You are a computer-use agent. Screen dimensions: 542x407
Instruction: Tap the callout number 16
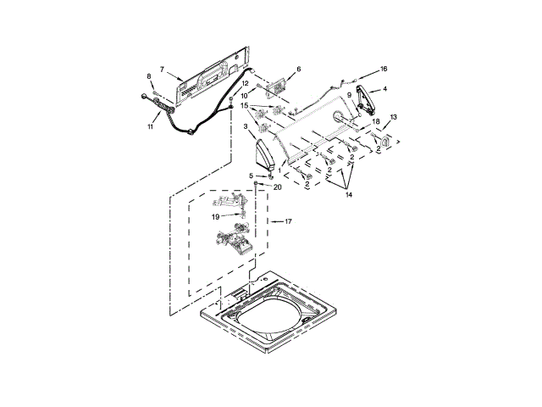point(383,69)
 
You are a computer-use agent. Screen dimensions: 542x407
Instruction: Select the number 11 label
point(151,127)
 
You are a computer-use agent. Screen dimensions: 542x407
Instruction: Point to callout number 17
point(288,222)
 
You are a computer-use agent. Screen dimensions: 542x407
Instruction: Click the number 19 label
point(216,216)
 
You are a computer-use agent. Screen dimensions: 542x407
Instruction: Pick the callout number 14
point(347,195)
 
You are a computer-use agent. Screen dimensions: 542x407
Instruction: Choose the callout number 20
point(277,187)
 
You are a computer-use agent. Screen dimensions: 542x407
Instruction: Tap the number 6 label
point(298,69)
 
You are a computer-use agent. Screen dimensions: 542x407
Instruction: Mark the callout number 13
point(393,117)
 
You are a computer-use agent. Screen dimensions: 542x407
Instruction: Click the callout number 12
point(246,84)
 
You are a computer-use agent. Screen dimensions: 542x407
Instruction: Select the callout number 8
point(150,77)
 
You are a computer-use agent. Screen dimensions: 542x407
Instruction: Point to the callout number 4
point(384,88)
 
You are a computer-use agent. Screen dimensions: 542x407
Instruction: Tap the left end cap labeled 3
point(268,153)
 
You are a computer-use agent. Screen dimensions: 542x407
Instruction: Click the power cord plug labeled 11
point(157,101)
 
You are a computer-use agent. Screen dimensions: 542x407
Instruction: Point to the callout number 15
point(244,107)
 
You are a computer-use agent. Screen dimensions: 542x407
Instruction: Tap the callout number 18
point(376,122)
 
